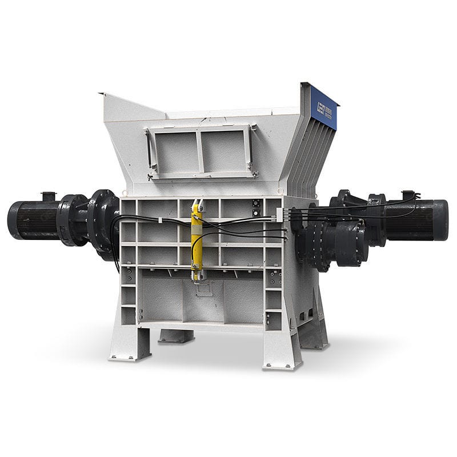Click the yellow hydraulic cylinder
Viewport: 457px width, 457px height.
[197, 240]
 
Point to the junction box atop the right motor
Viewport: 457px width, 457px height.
[410, 195]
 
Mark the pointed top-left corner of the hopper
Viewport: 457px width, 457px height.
[101, 94]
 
